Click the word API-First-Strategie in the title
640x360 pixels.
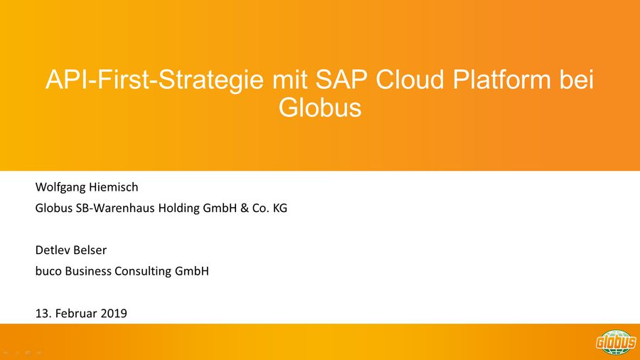pyautogui.click(x=154, y=80)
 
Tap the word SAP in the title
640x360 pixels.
pyautogui.click(x=341, y=79)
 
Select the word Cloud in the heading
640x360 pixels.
pyautogui.click(x=410, y=79)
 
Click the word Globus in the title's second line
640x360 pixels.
pyautogui.click(x=320, y=107)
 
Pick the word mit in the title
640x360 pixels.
pyautogui.click(x=289, y=79)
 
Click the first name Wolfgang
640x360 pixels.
pyautogui.click(x=60, y=188)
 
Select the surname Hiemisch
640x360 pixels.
pyautogui.click(x=114, y=187)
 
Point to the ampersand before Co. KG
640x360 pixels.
pyautogui.click(x=245, y=208)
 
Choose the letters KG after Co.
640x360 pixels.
pyautogui.click(x=280, y=208)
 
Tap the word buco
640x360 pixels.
pyautogui.click(x=48, y=271)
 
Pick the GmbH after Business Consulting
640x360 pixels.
pyautogui.click(x=192, y=271)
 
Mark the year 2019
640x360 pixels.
pyautogui.click(x=114, y=314)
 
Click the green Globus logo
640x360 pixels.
pyautogui.click(x=616, y=342)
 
